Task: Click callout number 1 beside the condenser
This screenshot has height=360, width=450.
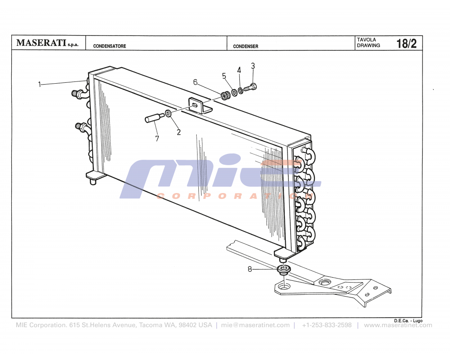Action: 40,84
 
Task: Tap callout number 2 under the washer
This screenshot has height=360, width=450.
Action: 179,132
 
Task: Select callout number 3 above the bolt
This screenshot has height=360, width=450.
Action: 253,66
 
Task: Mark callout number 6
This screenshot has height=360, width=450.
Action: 195,82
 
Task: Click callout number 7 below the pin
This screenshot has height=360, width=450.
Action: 157,139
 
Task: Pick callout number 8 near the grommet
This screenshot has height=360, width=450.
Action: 250,269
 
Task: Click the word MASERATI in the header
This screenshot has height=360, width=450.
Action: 41,43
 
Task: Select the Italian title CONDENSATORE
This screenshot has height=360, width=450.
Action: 109,46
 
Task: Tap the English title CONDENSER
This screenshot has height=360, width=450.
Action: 246,46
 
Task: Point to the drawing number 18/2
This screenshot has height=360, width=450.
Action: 406,44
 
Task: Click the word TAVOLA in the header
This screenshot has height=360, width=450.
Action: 366,40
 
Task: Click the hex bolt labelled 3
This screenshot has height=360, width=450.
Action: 250,88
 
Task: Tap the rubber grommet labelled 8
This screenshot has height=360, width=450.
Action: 283,270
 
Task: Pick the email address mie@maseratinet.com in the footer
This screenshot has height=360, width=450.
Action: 256,325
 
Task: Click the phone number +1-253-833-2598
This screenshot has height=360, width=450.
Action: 327,325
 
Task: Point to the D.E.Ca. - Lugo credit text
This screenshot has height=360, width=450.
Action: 408,320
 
